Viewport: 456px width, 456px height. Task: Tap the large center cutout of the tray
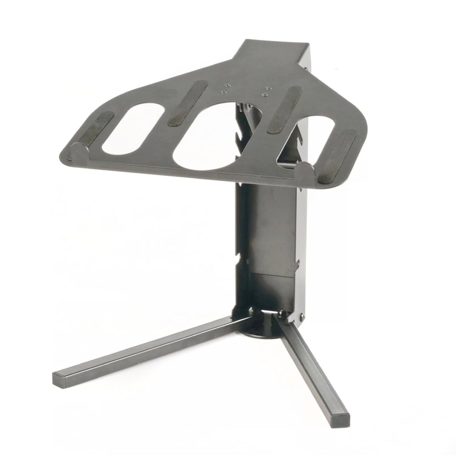pos(207,135)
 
